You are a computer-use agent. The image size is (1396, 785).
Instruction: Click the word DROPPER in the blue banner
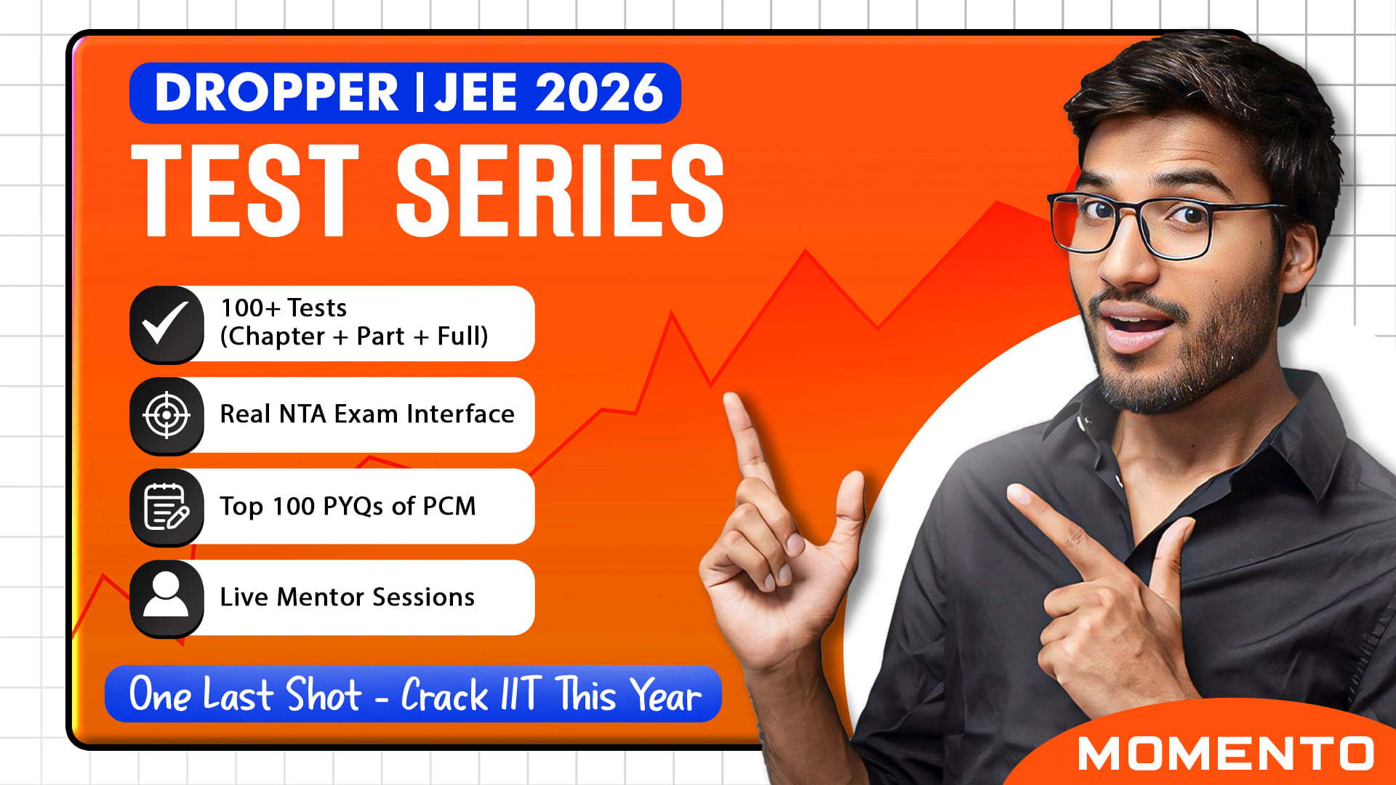coord(277,93)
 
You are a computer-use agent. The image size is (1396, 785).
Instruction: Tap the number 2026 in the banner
coord(599,93)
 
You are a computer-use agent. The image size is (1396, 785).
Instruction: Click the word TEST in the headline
coord(245,190)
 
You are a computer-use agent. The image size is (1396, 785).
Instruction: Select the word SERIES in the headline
coord(560,190)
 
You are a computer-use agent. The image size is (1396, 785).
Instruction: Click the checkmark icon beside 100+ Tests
coord(167,324)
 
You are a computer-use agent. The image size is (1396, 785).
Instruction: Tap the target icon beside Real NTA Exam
coord(167,415)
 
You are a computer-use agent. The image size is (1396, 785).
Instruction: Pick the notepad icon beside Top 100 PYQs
coord(167,507)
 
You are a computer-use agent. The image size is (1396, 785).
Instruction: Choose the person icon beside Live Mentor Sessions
coord(167,597)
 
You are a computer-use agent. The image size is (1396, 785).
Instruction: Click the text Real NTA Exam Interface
coord(367,414)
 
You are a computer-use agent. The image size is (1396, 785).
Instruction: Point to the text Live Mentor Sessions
coord(348,597)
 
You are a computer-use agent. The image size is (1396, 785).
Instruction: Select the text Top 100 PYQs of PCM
coord(348,507)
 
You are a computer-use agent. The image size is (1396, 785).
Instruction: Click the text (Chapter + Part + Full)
coord(354,337)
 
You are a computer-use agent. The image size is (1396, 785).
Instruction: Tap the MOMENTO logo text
coord(1226,754)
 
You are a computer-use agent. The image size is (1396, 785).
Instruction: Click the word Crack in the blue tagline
coord(444,696)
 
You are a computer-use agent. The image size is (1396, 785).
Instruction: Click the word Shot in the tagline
coord(324,694)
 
